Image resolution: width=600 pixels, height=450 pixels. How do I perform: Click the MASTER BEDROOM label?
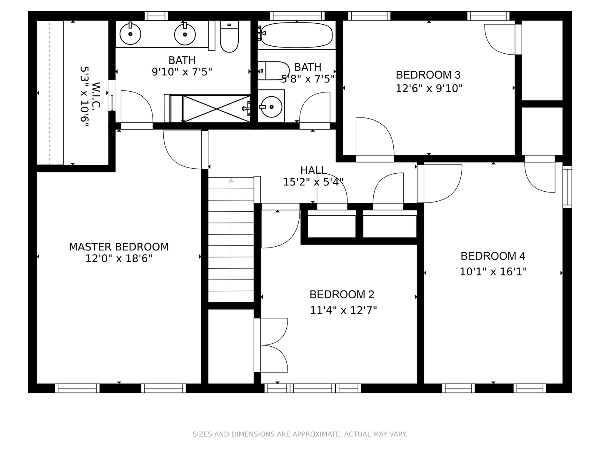(119, 247)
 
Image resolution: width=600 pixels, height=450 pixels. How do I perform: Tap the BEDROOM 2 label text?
(342, 295)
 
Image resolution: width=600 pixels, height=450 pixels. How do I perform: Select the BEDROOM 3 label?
(428, 75)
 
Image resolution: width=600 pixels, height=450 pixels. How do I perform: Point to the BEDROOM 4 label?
(492, 256)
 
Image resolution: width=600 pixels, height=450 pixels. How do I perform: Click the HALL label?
(313, 170)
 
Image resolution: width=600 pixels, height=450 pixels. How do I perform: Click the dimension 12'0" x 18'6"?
(119, 259)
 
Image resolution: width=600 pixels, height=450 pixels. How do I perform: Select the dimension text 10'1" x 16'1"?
(493, 272)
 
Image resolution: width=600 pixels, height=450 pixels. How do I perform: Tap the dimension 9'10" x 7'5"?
(182, 72)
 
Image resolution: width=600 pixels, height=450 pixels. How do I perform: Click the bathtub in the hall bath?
(297, 35)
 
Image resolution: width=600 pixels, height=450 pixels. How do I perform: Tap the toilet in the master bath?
(229, 37)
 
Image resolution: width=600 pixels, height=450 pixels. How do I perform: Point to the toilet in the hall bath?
(274, 71)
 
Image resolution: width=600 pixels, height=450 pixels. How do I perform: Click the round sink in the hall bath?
(271, 106)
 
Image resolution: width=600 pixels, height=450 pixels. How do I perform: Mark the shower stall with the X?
(216, 109)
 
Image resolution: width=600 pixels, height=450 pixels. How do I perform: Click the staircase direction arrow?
(231, 180)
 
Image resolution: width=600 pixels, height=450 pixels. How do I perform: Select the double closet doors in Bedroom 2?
(271, 345)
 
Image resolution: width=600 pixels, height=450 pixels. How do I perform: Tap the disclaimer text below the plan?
(300, 434)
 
